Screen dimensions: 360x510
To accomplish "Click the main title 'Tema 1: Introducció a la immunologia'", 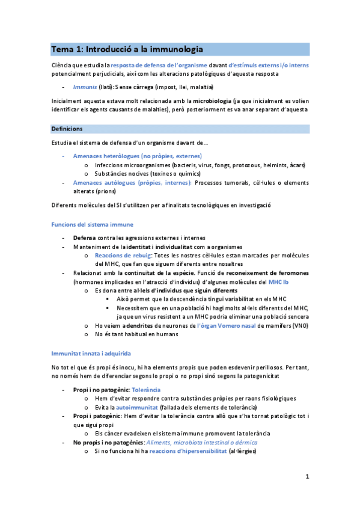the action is (x=127, y=49).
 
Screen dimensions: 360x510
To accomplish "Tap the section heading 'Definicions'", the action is (x=67, y=129).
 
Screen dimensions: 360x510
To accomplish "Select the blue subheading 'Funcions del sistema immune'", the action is (x=88, y=224).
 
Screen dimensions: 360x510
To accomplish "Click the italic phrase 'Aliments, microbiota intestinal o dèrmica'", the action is (x=197, y=442).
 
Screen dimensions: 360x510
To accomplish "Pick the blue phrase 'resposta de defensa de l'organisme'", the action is (x=159, y=64).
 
